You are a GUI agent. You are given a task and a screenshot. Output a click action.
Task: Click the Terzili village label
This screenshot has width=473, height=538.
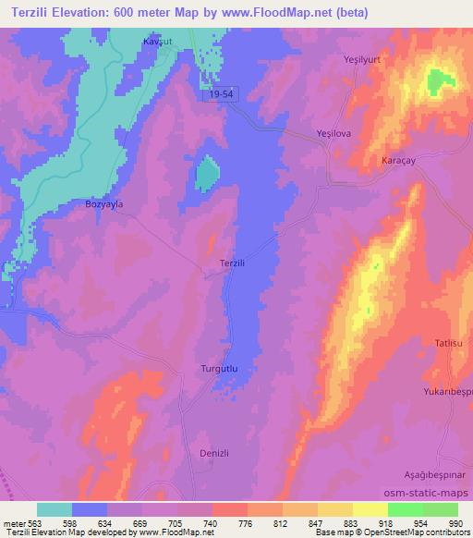[233, 263]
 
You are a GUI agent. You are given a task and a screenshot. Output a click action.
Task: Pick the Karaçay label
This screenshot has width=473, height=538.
[401, 161]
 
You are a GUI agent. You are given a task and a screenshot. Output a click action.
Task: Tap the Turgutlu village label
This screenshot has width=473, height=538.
[220, 369]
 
